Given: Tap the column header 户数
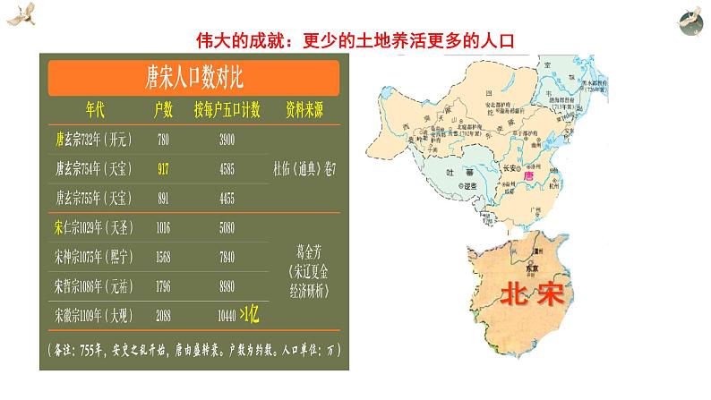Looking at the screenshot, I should click(163, 110).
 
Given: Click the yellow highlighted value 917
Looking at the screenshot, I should click(163, 167).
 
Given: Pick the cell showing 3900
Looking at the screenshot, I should click(227, 140).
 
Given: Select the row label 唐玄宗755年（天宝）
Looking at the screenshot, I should click(91, 196).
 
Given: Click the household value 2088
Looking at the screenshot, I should click(163, 316).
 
